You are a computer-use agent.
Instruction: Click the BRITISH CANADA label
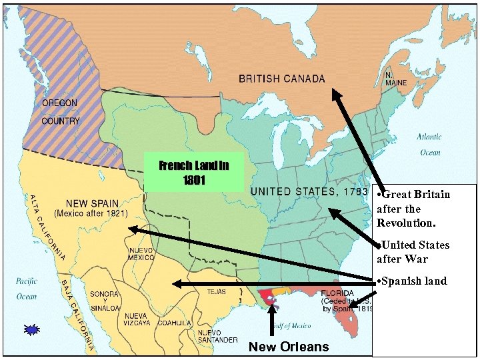(x=282, y=79)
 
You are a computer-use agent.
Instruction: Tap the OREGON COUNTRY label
(x=60, y=112)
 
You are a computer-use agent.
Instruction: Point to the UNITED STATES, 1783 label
(x=309, y=192)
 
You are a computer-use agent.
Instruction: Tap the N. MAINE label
(x=395, y=79)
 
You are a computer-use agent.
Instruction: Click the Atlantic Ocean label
(x=429, y=144)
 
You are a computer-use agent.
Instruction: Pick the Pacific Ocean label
(x=27, y=288)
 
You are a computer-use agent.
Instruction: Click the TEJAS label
(x=217, y=291)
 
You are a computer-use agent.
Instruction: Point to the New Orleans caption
(x=288, y=346)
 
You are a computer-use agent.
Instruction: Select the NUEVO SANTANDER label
(x=217, y=336)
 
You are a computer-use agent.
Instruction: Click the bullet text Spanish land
(x=411, y=281)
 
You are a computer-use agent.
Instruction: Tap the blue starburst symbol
(x=32, y=329)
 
